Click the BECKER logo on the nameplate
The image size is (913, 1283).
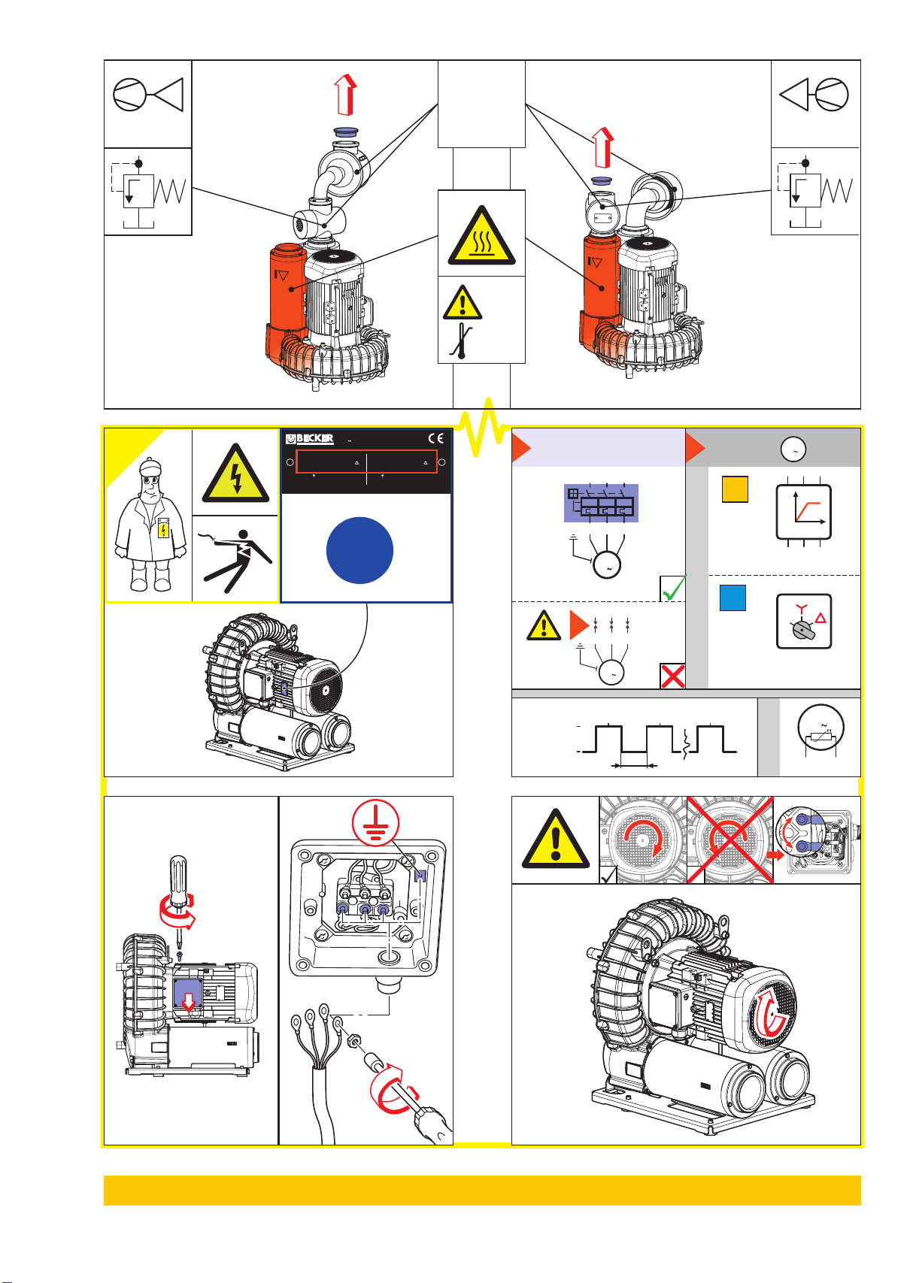click(x=310, y=439)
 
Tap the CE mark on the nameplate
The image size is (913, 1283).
click(x=435, y=439)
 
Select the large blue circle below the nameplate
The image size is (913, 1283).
click(x=359, y=550)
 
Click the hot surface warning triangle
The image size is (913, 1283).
click(x=481, y=236)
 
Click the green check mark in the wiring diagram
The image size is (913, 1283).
click(x=673, y=588)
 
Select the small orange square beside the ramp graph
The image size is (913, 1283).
click(x=735, y=489)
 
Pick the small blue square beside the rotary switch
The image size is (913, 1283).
click(x=733, y=598)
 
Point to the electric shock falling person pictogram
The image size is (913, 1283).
click(x=235, y=560)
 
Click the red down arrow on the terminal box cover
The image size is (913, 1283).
click(x=189, y=1001)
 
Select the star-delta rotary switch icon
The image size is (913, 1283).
click(x=803, y=622)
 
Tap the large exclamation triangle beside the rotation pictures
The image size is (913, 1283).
click(x=555, y=840)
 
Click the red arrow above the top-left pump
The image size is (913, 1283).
click(x=345, y=95)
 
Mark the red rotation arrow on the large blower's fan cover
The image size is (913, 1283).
click(x=771, y=1012)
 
